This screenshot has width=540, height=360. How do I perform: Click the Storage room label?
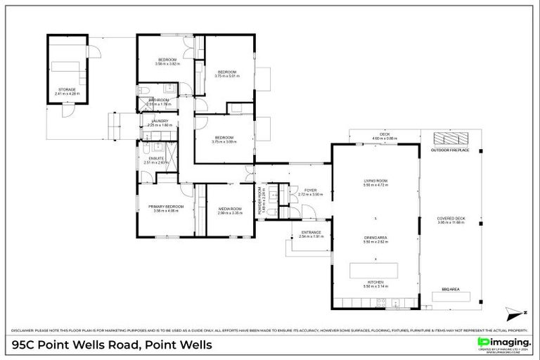(x=67, y=89)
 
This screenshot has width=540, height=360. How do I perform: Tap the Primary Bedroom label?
(x=166, y=206)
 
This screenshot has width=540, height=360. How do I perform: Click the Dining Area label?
(x=375, y=238)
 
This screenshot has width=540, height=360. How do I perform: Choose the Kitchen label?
(x=375, y=283)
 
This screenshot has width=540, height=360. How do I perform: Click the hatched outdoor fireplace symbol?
(x=444, y=138)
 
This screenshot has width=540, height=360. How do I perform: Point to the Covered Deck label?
(x=451, y=219)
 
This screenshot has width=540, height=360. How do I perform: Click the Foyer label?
(x=310, y=190)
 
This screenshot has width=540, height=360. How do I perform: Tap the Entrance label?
(x=311, y=233)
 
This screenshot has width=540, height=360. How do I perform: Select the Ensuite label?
(x=156, y=158)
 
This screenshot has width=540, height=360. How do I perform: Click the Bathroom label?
(x=158, y=101)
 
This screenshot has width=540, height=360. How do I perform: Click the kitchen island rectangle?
(x=374, y=269)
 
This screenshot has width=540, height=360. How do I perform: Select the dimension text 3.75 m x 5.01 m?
(x=227, y=76)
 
